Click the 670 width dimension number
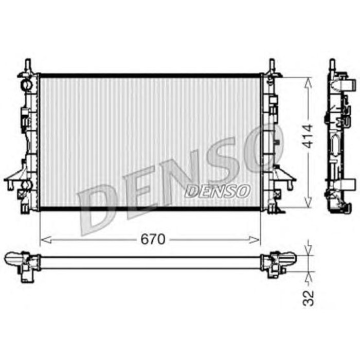(152, 240)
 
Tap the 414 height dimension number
(307, 136)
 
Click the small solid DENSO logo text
(217, 191)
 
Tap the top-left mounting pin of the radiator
(28, 66)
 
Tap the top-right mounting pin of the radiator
(272, 66)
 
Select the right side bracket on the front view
(285, 178)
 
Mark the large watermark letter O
(262, 149)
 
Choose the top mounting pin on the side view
(332, 64)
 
